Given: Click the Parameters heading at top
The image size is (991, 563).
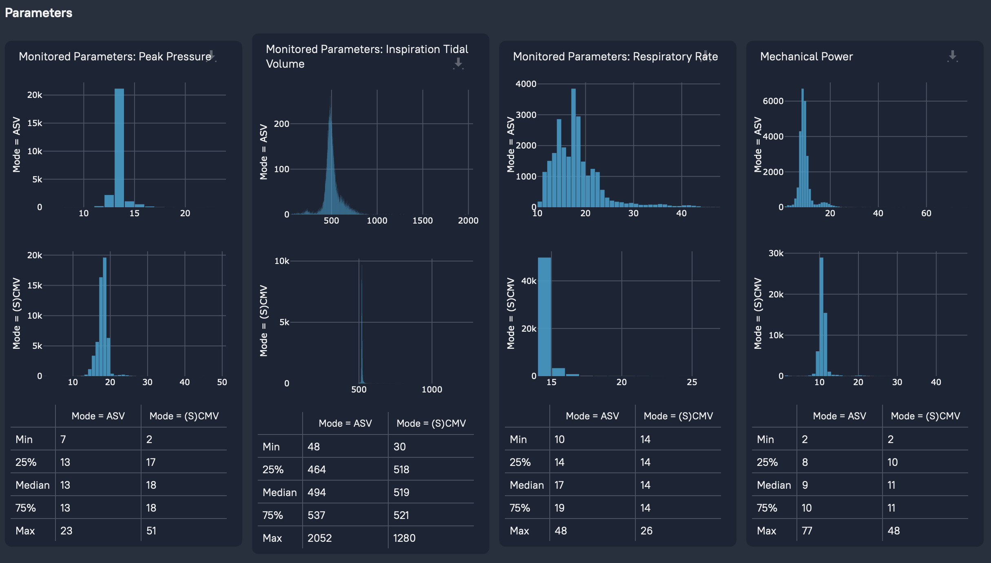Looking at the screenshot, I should pos(38,13).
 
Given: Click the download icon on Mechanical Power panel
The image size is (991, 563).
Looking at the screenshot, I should pos(952,56).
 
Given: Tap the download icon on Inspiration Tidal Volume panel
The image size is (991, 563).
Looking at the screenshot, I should pos(458,63).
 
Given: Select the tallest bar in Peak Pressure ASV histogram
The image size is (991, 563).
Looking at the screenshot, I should pos(119,147).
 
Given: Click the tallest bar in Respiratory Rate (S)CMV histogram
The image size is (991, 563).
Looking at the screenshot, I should pos(544,316).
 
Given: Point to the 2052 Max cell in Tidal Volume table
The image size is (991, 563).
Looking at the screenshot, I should pos(319,538).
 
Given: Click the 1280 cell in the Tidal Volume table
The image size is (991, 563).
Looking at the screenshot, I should pos(404,538).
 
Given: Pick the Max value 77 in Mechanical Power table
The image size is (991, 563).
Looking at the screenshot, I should pos(807,531).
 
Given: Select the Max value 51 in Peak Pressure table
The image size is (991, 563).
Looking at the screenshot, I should pos(151,531).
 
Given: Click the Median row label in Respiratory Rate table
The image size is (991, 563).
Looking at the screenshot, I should pos(526,485).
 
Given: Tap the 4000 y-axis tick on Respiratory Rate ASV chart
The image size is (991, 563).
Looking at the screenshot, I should pos(526,84).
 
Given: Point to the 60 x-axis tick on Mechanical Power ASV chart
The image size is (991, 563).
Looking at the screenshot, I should pos(926,213).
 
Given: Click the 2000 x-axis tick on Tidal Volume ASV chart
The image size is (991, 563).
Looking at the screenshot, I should pos(468,220).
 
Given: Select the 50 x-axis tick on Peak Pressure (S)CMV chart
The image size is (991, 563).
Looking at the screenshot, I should pos(222,382).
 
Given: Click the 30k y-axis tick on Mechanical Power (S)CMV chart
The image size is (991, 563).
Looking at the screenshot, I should pos(776,253).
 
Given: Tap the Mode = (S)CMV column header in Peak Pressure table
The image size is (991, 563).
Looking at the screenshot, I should pos(184,416).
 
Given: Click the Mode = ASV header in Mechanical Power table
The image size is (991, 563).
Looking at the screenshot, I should pos(839,416).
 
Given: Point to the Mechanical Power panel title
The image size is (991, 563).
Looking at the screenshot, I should pos(806,56).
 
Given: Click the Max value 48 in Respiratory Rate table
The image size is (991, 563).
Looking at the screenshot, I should pos(561,531).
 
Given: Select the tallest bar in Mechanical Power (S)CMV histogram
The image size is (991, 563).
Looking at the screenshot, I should pos(821,316).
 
